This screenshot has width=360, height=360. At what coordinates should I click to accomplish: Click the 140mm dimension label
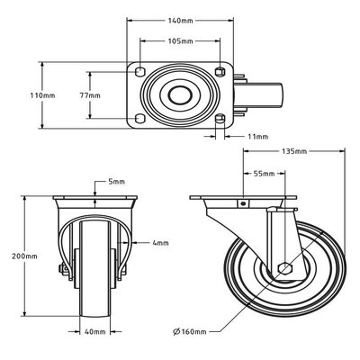[181, 20]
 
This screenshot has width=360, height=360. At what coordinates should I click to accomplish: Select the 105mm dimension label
[181, 41]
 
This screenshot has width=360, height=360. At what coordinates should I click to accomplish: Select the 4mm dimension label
[160, 243]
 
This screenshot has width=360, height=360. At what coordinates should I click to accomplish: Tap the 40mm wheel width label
[94, 331]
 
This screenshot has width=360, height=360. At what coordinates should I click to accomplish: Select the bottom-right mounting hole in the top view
[221, 118]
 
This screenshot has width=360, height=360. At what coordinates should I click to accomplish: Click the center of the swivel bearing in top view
[180, 94]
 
